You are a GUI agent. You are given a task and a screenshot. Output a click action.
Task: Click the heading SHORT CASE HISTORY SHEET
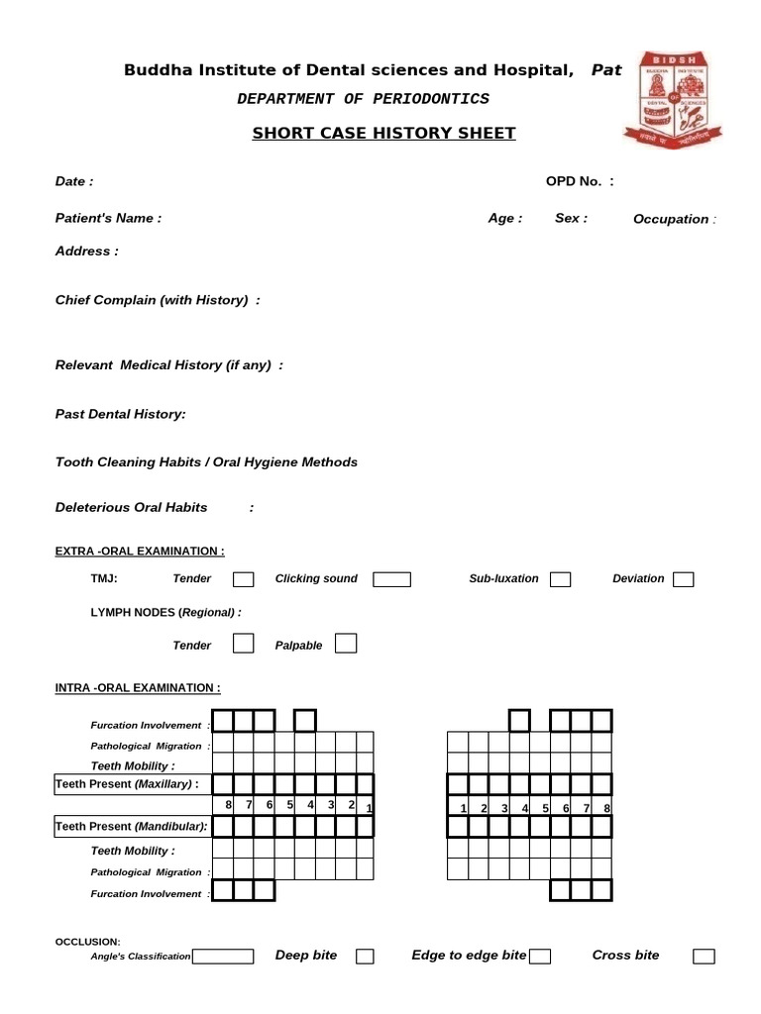[383, 133]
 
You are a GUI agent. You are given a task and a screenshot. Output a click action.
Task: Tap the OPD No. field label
[580, 181]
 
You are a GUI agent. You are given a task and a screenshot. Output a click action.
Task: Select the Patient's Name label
[108, 218]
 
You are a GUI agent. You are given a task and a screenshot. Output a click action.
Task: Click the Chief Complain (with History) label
[158, 300]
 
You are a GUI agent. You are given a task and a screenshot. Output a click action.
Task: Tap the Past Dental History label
[120, 414]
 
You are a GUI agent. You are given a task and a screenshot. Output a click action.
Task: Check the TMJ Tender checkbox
[243, 579]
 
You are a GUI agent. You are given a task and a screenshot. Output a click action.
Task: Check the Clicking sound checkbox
[391, 579]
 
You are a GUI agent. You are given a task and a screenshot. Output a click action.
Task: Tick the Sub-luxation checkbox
[560, 579]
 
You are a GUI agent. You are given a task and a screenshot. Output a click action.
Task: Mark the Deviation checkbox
[683, 579]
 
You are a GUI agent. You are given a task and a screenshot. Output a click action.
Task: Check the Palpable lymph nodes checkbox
[346, 645]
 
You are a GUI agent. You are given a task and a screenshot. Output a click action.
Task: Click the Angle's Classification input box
[223, 957]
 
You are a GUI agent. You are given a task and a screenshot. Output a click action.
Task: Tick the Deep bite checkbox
[365, 957]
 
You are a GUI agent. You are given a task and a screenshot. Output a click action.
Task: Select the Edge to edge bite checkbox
[540, 957]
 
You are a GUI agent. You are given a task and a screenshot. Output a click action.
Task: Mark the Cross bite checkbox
[704, 957]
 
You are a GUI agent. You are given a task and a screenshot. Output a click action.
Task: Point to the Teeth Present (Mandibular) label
[131, 826]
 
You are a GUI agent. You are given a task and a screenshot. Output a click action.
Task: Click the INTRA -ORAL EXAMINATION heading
[138, 687]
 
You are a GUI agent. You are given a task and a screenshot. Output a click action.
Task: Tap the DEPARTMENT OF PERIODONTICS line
[363, 99]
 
